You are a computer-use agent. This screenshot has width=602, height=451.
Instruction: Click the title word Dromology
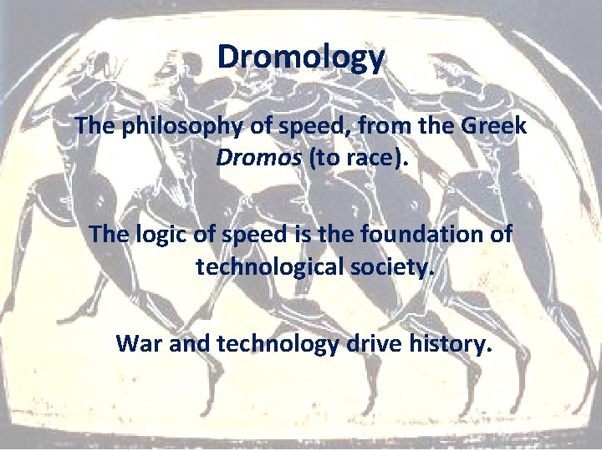(301, 58)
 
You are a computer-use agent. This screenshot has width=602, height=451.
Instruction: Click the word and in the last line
(188, 342)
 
